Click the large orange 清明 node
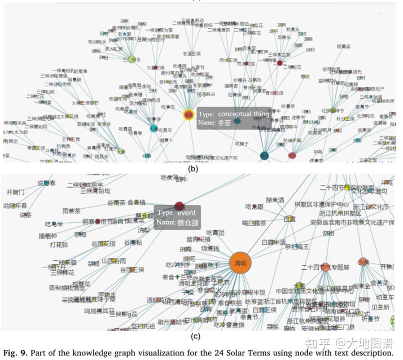(x=240, y=263)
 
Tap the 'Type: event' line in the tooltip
(x=176, y=212)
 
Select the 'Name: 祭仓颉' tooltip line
(x=177, y=223)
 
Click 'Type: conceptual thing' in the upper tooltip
(x=234, y=114)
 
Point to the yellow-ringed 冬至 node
(x=189, y=115)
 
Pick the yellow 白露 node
(x=290, y=219)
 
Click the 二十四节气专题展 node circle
(x=325, y=267)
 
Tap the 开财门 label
(x=16, y=193)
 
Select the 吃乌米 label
(x=54, y=224)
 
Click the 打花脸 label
(x=59, y=245)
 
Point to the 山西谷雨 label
(x=114, y=260)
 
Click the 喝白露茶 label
(x=254, y=223)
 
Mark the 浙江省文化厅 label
(x=371, y=207)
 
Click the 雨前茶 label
(x=71, y=211)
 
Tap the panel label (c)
(x=195, y=336)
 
